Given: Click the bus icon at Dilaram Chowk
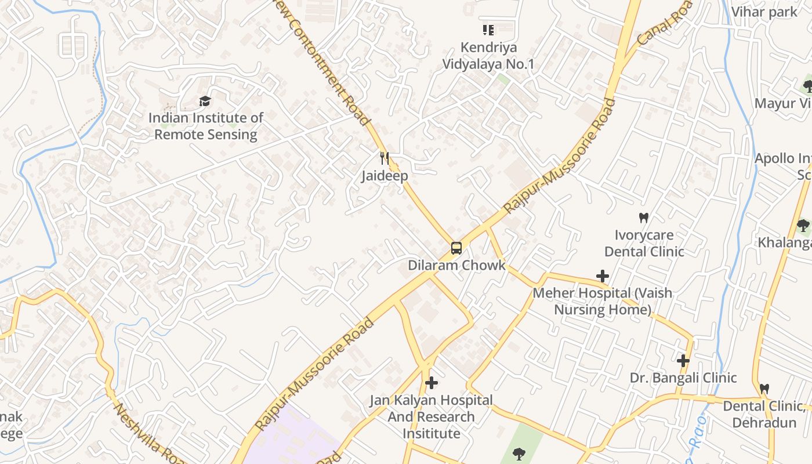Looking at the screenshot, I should tap(456, 248).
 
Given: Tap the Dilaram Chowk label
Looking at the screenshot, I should tap(456, 265).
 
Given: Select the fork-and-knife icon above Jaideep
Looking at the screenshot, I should tap(384, 158).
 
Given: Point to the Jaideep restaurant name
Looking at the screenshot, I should tap(385, 175).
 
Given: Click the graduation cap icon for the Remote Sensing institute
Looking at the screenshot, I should tap(205, 101).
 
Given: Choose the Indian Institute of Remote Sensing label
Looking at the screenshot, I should tap(206, 126).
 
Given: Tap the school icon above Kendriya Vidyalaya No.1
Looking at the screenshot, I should tap(488, 30).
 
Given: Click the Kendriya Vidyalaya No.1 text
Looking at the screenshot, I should tap(488, 56).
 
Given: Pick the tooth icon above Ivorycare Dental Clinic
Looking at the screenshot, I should tap(643, 218).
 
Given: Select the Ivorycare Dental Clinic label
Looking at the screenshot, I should tap(644, 244).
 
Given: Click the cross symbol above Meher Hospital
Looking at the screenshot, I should tap(603, 276).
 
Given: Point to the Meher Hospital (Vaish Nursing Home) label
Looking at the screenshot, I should tap(603, 301).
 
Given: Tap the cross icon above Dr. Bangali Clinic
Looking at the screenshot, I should tap(683, 361).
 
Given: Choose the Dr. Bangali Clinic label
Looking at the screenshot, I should tap(683, 378).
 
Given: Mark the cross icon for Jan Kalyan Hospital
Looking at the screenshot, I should tap(431, 383).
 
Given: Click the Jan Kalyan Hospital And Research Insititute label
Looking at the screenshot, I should tap(431, 416).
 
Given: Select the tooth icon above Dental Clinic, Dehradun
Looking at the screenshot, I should tap(764, 389).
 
